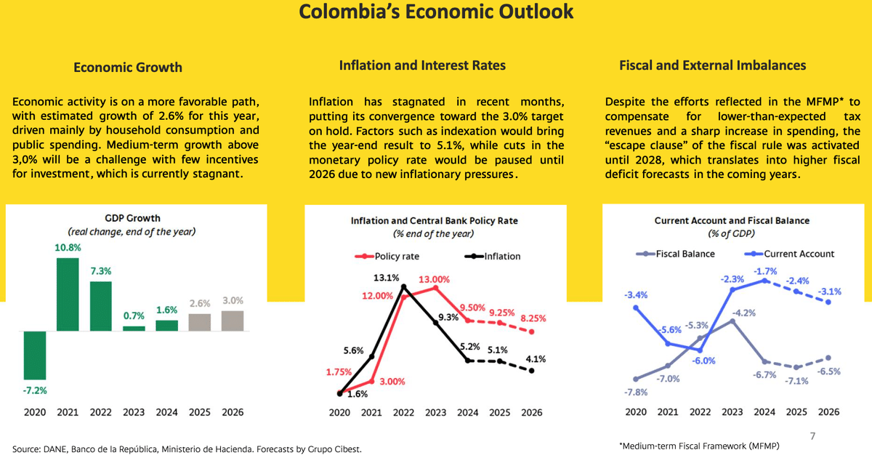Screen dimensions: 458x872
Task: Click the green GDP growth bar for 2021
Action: tap(68, 294)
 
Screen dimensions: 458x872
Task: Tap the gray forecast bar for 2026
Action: tap(233, 321)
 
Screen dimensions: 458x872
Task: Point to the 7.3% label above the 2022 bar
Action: tap(100, 270)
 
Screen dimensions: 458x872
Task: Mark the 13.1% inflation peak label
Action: tap(387, 277)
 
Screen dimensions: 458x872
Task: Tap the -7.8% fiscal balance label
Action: tap(635, 393)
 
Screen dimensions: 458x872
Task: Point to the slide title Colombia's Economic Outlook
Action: tap(436, 12)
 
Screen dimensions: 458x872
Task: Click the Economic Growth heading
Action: tap(128, 68)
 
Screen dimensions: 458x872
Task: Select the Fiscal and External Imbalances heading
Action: tap(712, 65)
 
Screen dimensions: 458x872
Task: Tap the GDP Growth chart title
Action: tap(132, 218)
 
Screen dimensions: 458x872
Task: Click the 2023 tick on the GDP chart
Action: tap(134, 412)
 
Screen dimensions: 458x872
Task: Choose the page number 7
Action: tap(813, 435)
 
